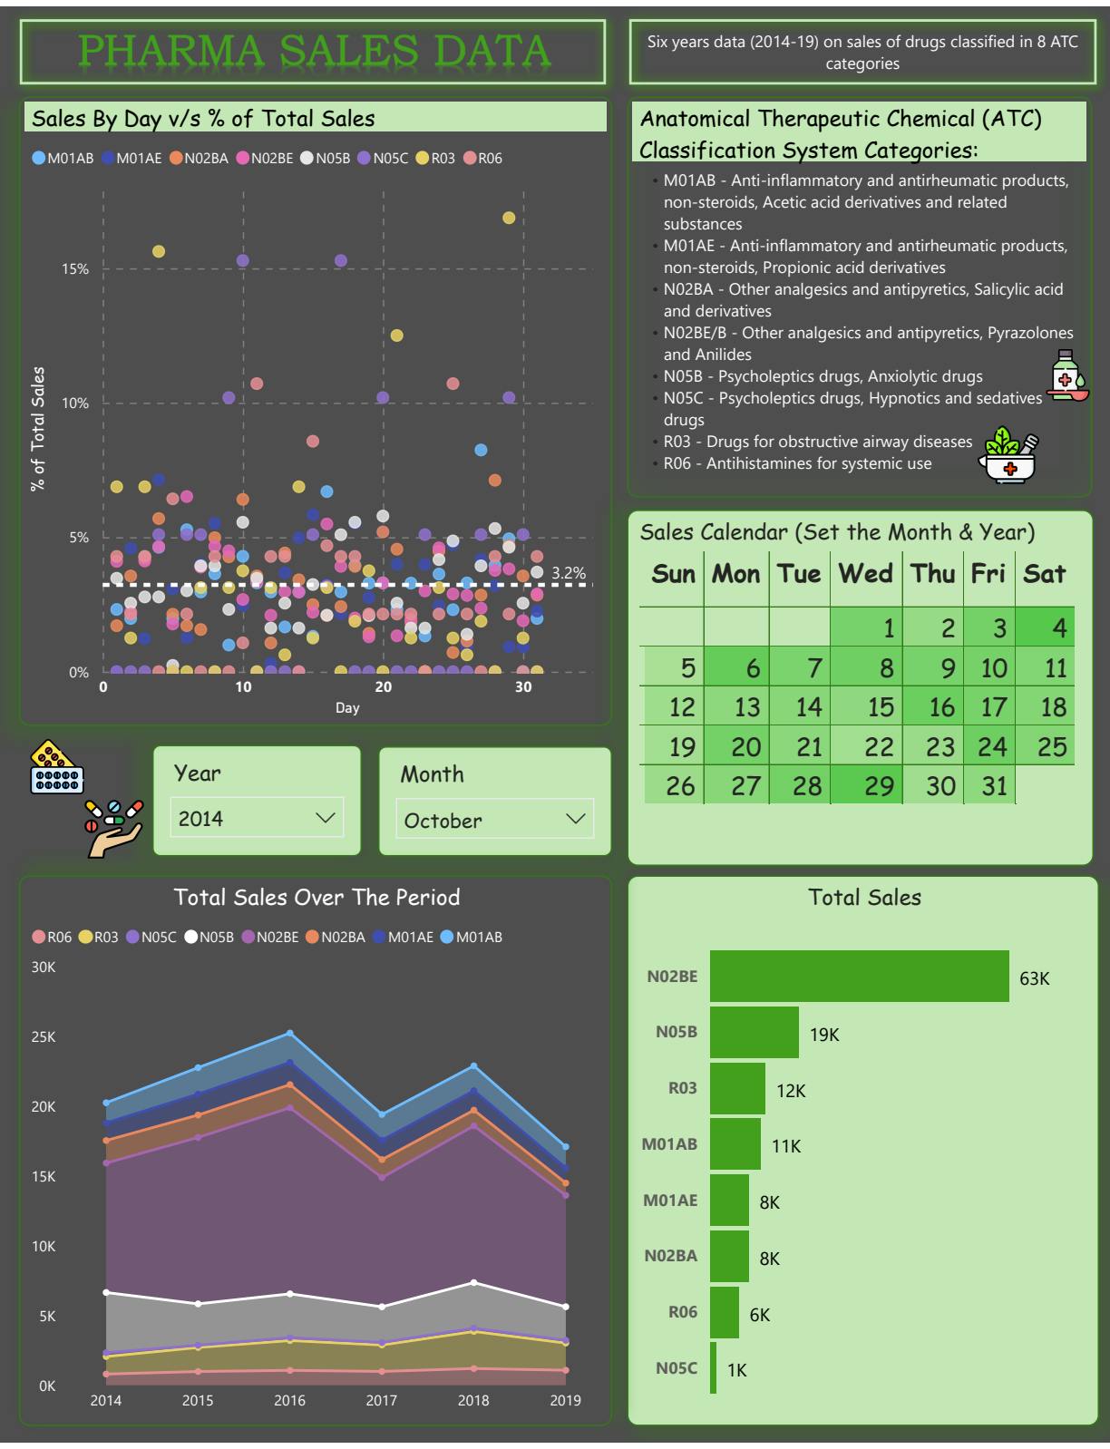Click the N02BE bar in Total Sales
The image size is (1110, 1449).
click(859, 977)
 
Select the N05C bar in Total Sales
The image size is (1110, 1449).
click(714, 1368)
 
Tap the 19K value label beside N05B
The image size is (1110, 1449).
click(824, 1035)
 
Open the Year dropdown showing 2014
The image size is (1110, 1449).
click(257, 818)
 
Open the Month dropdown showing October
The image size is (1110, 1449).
click(494, 820)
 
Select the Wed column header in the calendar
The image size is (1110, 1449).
click(865, 573)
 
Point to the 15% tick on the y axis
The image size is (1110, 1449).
click(75, 269)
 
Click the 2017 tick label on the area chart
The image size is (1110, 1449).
click(381, 1400)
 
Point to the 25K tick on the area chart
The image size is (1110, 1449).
click(44, 1036)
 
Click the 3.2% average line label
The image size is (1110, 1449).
click(569, 573)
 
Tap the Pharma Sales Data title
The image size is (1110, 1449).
click(314, 51)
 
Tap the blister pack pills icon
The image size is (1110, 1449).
click(56, 769)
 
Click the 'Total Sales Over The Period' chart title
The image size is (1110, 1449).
click(316, 897)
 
